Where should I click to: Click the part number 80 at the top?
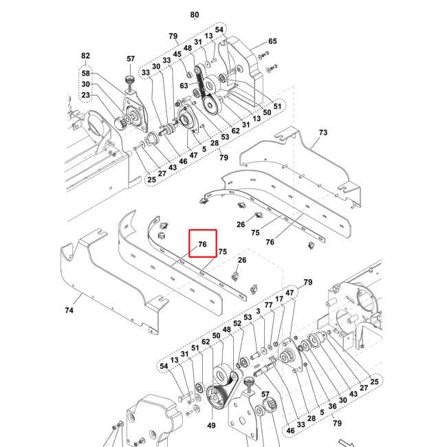coord(194,14)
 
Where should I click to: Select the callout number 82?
coord(85,56)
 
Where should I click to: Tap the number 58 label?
coord(85,73)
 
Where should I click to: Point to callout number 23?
coord(85,96)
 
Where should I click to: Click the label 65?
coord(272,42)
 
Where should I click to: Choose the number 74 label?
coord(69,311)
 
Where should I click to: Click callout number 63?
coord(184,86)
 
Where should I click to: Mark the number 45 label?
coord(177,54)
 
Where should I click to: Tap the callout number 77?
coord(268,305)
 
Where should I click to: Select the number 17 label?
coord(279,299)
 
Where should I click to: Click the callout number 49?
coord(211,426)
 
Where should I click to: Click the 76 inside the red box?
coord(202,244)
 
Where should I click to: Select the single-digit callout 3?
coord(258,311)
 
